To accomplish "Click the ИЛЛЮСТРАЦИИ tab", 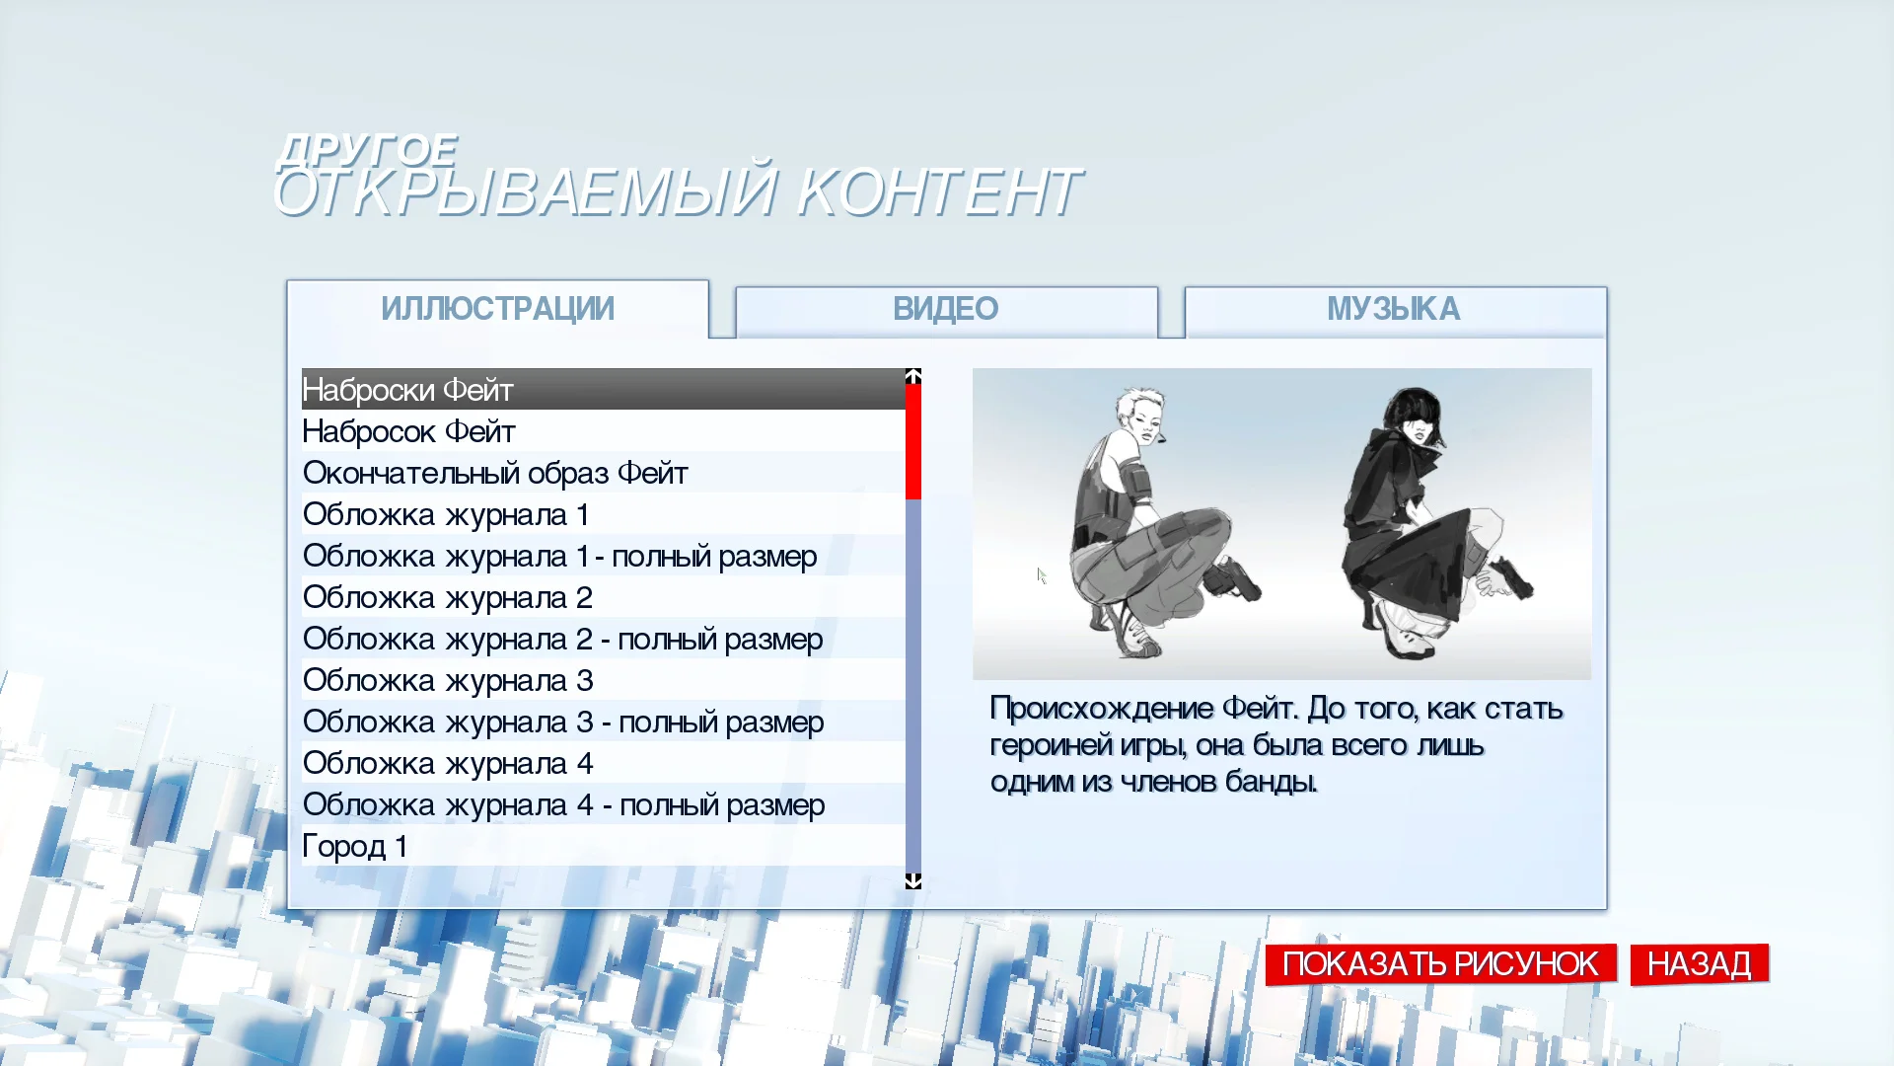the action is [x=497, y=309].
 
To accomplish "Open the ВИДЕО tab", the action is [x=946, y=310].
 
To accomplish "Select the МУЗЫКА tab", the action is [x=1394, y=310].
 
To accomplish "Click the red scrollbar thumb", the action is [x=913, y=441].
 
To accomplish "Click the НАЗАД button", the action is [x=1699, y=963].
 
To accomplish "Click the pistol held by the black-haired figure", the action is [x=1511, y=579].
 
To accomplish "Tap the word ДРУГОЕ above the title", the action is [x=367, y=149].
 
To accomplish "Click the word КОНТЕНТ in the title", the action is [x=938, y=191].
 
